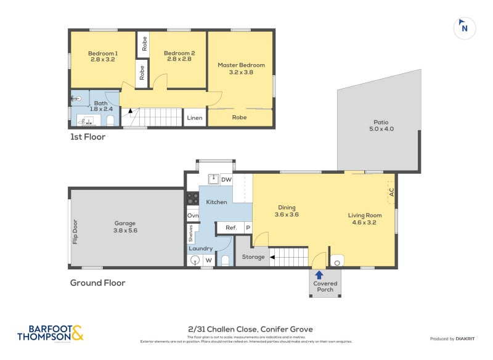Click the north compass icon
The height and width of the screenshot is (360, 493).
pyautogui.click(x=465, y=27)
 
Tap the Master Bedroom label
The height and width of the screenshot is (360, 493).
pyautogui.click(x=241, y=68)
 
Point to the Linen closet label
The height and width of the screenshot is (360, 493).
pyautogui.click(x=194, y=118)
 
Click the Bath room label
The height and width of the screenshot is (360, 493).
pyautogui.click(x=100, y=106)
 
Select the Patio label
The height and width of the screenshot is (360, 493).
pyautogui.click(x=380, y=125)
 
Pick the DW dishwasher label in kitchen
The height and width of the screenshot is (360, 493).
pyautogui.click(x=226, y=179)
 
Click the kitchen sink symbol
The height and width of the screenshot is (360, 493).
pyautogui.click(x=212, y=179)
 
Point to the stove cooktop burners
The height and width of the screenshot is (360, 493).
pyautogui.click(x=192, y=198)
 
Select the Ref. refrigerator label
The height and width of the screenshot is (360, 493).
pyautogui.click(x=231, y=228)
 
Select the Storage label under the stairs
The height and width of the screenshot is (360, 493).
pyautogui.click(x=253, y=257)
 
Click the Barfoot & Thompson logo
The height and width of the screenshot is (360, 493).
pyautogui.click(x=50, y=333)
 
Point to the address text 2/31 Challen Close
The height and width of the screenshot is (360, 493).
pyautogui.click(x=250, y=329)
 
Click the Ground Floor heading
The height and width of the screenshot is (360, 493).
pyautogui.click(x=97, y=283)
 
